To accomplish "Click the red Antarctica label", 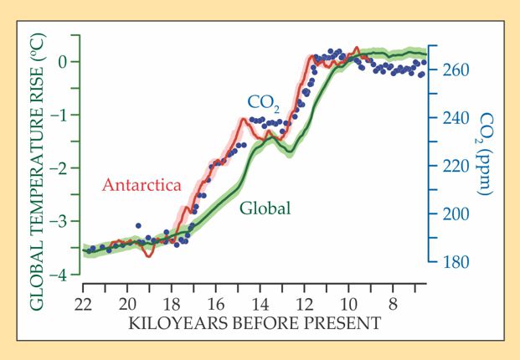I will (142, 186).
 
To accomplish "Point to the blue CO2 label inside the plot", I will (264, 102).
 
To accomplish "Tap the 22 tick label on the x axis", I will (82, 304).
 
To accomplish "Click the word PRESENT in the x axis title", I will (347, 322).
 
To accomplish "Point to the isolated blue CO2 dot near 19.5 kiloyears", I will (138, 226).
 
